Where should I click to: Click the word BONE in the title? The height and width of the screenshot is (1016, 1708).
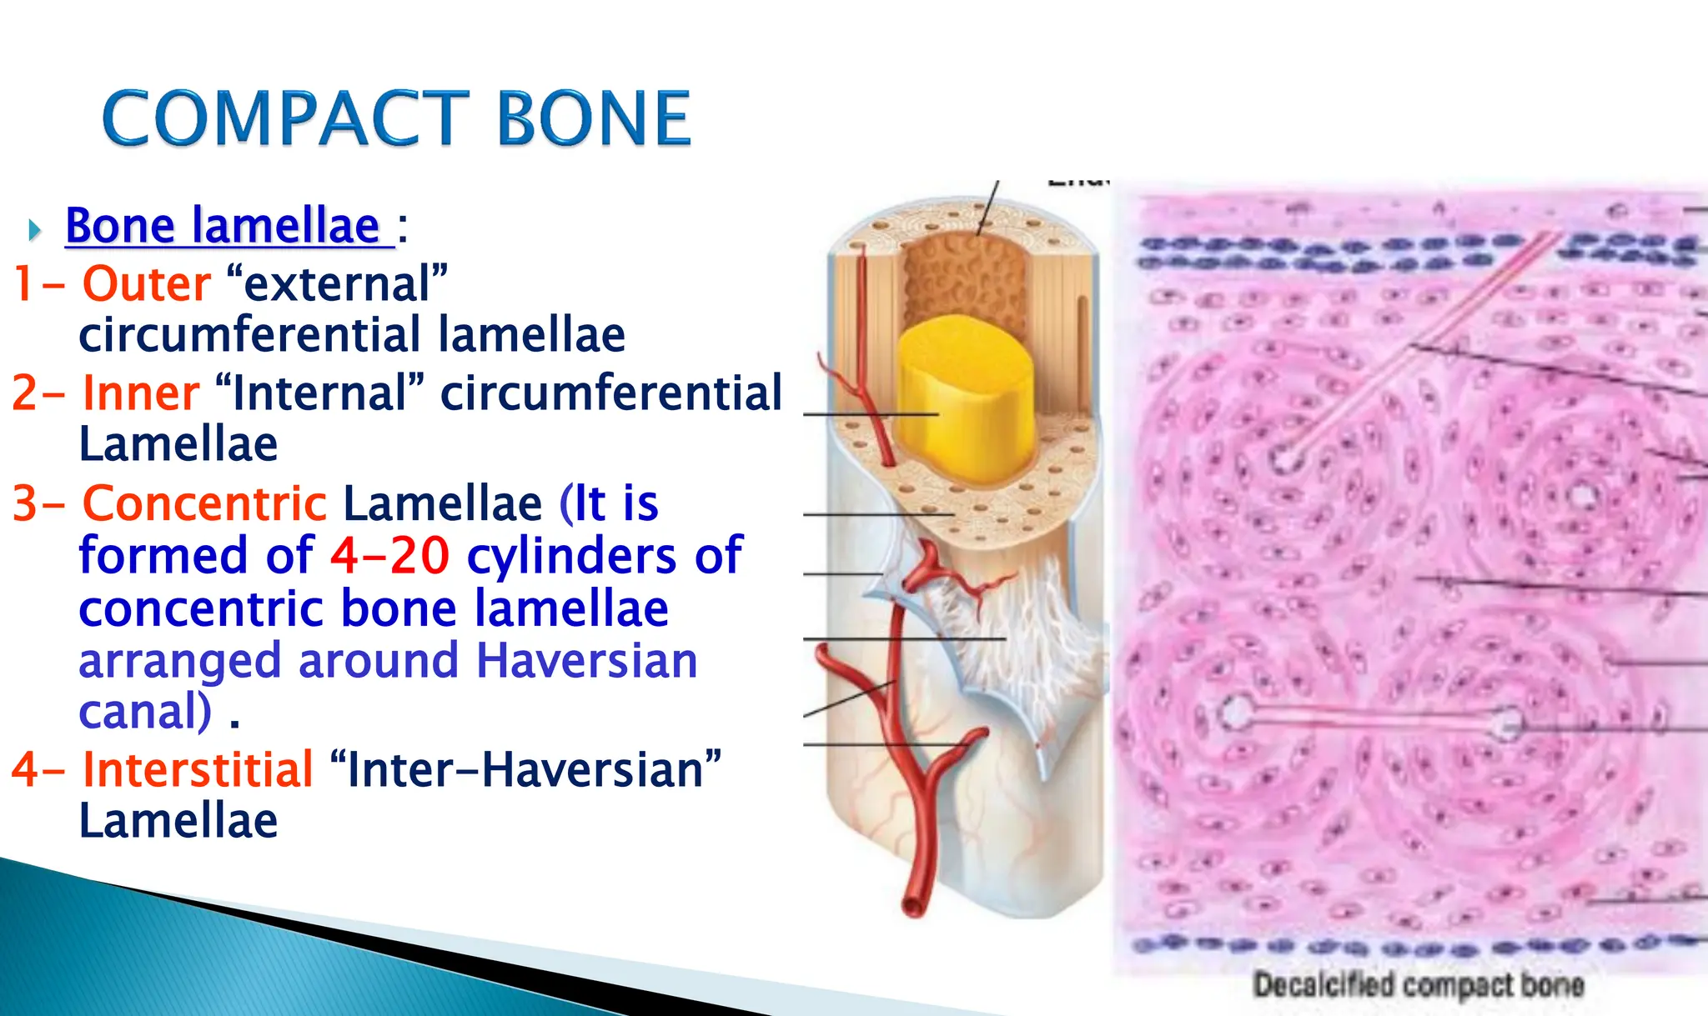(593, 119)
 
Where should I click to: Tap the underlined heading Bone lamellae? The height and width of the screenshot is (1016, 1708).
(223, 226)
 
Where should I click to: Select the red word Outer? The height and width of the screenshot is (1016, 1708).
(147, 284)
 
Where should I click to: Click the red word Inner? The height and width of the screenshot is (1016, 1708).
(141, 393)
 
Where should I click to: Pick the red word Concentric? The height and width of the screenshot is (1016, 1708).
(204, 503)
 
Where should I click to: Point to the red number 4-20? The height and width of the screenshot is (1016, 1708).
(389, 556)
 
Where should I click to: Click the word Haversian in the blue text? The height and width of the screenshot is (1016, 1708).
(586, 661)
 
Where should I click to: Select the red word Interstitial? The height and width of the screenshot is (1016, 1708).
(198, 769)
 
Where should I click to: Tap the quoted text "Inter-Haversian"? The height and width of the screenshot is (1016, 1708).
(525, 769)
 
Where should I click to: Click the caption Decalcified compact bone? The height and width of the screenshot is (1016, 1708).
(1418, 985)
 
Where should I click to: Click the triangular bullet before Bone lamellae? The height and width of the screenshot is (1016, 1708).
(34, 229)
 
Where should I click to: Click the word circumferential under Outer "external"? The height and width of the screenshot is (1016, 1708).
(251, 335)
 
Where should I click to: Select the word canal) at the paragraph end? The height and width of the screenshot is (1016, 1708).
(145, 712)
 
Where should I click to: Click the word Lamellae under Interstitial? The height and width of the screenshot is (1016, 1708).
(178, 822)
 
